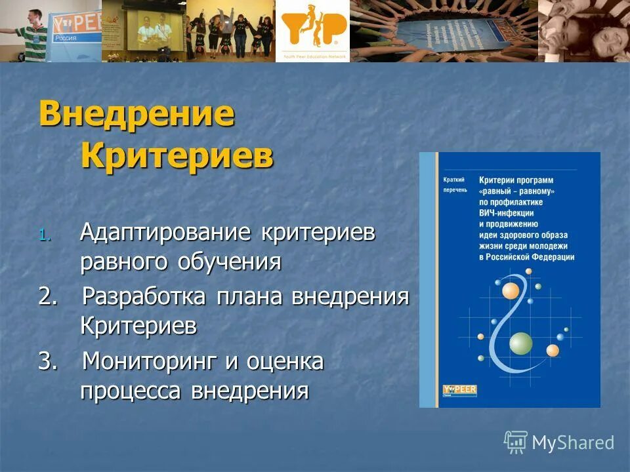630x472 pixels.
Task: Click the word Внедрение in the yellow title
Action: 136,115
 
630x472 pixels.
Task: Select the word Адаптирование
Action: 167,233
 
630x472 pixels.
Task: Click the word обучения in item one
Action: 229,262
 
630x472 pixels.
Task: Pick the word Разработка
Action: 146,296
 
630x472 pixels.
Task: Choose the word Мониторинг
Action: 149,361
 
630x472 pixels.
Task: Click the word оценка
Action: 284,361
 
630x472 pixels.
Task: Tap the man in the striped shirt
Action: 29,33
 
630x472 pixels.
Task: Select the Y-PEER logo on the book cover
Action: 459,390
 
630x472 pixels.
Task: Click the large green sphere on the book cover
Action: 520,342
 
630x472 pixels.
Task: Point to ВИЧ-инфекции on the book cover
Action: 506,213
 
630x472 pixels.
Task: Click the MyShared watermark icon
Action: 515,442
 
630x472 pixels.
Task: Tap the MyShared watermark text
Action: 573,442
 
